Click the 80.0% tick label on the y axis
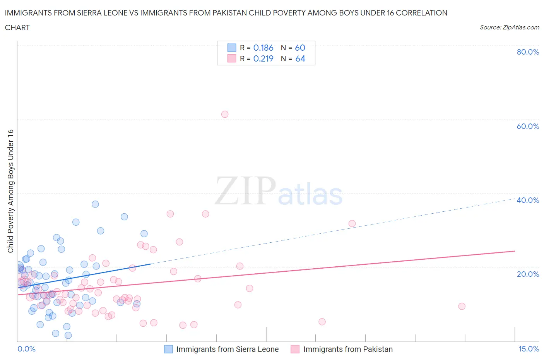click(528, 52)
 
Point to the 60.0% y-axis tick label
click(528, 126)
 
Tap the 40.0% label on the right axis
click(528, 200)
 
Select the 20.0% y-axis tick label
click(528, 274)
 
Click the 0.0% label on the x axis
click(26, 349)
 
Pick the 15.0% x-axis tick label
click(529, 349)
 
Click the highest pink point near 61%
click(225, 114)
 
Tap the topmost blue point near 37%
click(95, 204)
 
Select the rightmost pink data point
click(462, 306)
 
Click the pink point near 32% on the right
click(352, 223)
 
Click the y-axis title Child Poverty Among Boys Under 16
click(10, 191)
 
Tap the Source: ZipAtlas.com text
click(509, 27)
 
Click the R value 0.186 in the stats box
click(263, 48)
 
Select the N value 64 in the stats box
click(300, 58)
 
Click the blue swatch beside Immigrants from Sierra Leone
click(168, 349)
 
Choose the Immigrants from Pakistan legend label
click(348, 349)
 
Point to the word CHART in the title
click(17, 27)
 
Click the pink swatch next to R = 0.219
click(232, 58)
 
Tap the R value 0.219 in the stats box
click(263, 58)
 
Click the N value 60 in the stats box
click(300, 48)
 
